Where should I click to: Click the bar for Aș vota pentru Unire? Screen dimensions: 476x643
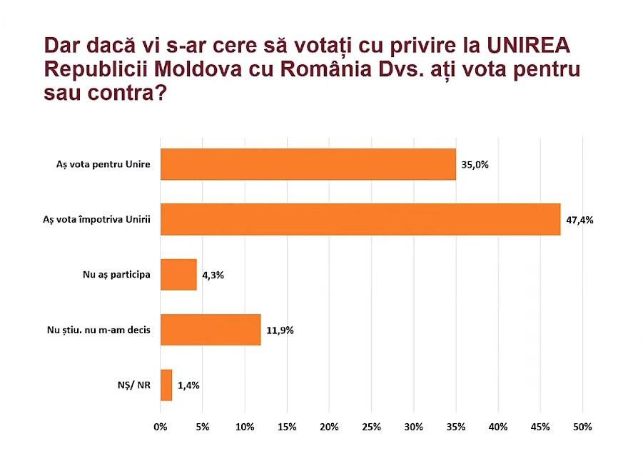tap(308, 164)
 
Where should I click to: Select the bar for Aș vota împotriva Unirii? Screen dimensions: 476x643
tap(360, 219)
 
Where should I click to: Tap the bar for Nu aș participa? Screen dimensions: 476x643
tap(178, 274)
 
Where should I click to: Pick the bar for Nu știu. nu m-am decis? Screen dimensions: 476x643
tap(211, 330)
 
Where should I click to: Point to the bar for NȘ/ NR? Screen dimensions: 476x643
tap(166, 385)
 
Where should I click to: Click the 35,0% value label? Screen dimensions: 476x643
tap(475, 164)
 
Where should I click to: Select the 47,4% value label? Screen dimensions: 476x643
tap(580, 219)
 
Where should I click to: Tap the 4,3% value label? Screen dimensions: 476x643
tap(213, 275)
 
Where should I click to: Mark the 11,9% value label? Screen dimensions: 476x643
tap(280, 330)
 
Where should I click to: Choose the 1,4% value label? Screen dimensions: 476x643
tap(188, 385)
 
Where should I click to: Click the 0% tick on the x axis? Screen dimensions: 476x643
tap(161, 427)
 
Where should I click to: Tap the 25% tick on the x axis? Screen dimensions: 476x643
tap(371, 427)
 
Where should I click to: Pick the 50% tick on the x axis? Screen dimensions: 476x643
tap(582, 427)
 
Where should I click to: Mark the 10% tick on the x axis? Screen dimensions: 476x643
tap(245, 427)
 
